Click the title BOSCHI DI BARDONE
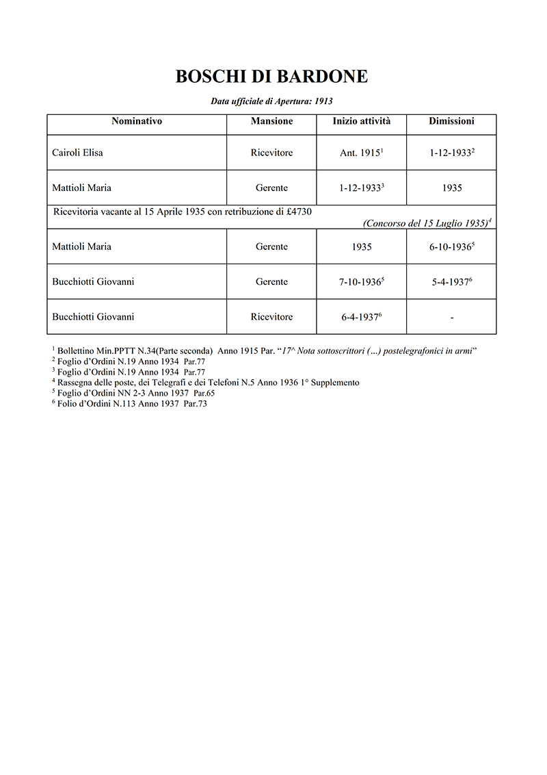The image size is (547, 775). click(x=271, y=77)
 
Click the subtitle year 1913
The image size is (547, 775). click(x=323, y=101)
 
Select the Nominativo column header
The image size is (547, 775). click(x=137, y=121)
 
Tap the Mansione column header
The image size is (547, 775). click(x=271, y=121)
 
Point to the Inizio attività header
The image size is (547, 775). click(x=362, y=121)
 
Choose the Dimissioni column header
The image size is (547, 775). click(x=451, y=121)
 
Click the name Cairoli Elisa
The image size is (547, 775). click(x=77, y=153)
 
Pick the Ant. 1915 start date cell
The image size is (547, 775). click(x=360, y=153)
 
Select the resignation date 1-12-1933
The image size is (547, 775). click(x=451, y=153)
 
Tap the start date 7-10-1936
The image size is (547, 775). click(x=360, y=282)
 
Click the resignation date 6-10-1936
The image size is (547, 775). click(x=451, y=247)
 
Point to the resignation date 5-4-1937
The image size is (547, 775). click(x=451, y=282)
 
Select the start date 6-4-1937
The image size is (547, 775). click(x=360, y=317)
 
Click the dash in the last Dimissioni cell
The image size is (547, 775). click(x=452, y=318)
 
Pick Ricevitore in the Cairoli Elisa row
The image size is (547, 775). click(x=271, y=153)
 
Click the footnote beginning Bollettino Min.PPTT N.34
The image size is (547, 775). click(x=267, y=350)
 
